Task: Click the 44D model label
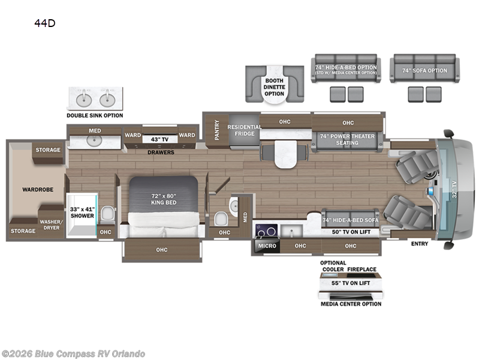[x=44, y=23]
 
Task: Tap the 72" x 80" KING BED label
[x=164, y=199]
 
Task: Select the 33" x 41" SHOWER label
[x=82, y=212]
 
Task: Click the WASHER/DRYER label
[x=52, y=224]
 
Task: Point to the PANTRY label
[x=217, y=130]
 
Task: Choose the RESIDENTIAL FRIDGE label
[x=245, y=130]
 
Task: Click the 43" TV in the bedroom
[x=160, y=139]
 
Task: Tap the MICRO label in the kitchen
[x=267, y=245]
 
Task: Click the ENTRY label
[x=420, y=244]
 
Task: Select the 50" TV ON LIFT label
[x=351, y=232]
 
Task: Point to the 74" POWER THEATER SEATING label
[x=347, y=139]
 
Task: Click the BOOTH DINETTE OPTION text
[x=275, y=87]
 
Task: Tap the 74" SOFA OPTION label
[x=424, y=70]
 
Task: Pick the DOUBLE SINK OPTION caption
[x=95, y=115]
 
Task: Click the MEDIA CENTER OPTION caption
[x=351, y=304]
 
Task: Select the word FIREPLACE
[x=361, y=269]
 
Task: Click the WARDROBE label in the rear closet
[x=38, y=190]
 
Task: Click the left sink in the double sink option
[x=84, y=99]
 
